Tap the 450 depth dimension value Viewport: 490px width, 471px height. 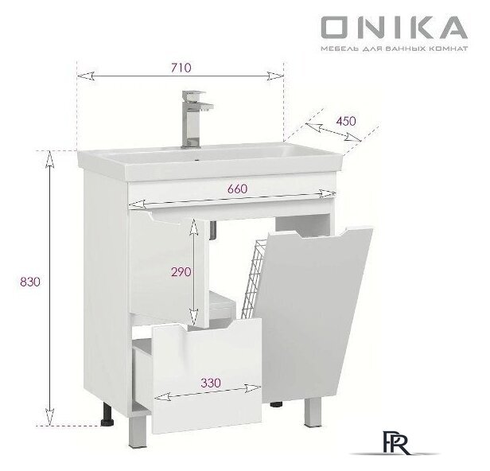tap(345, 121)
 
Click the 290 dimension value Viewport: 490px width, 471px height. tap(183, 272)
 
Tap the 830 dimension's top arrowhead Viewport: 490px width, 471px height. tap(49, 154)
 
